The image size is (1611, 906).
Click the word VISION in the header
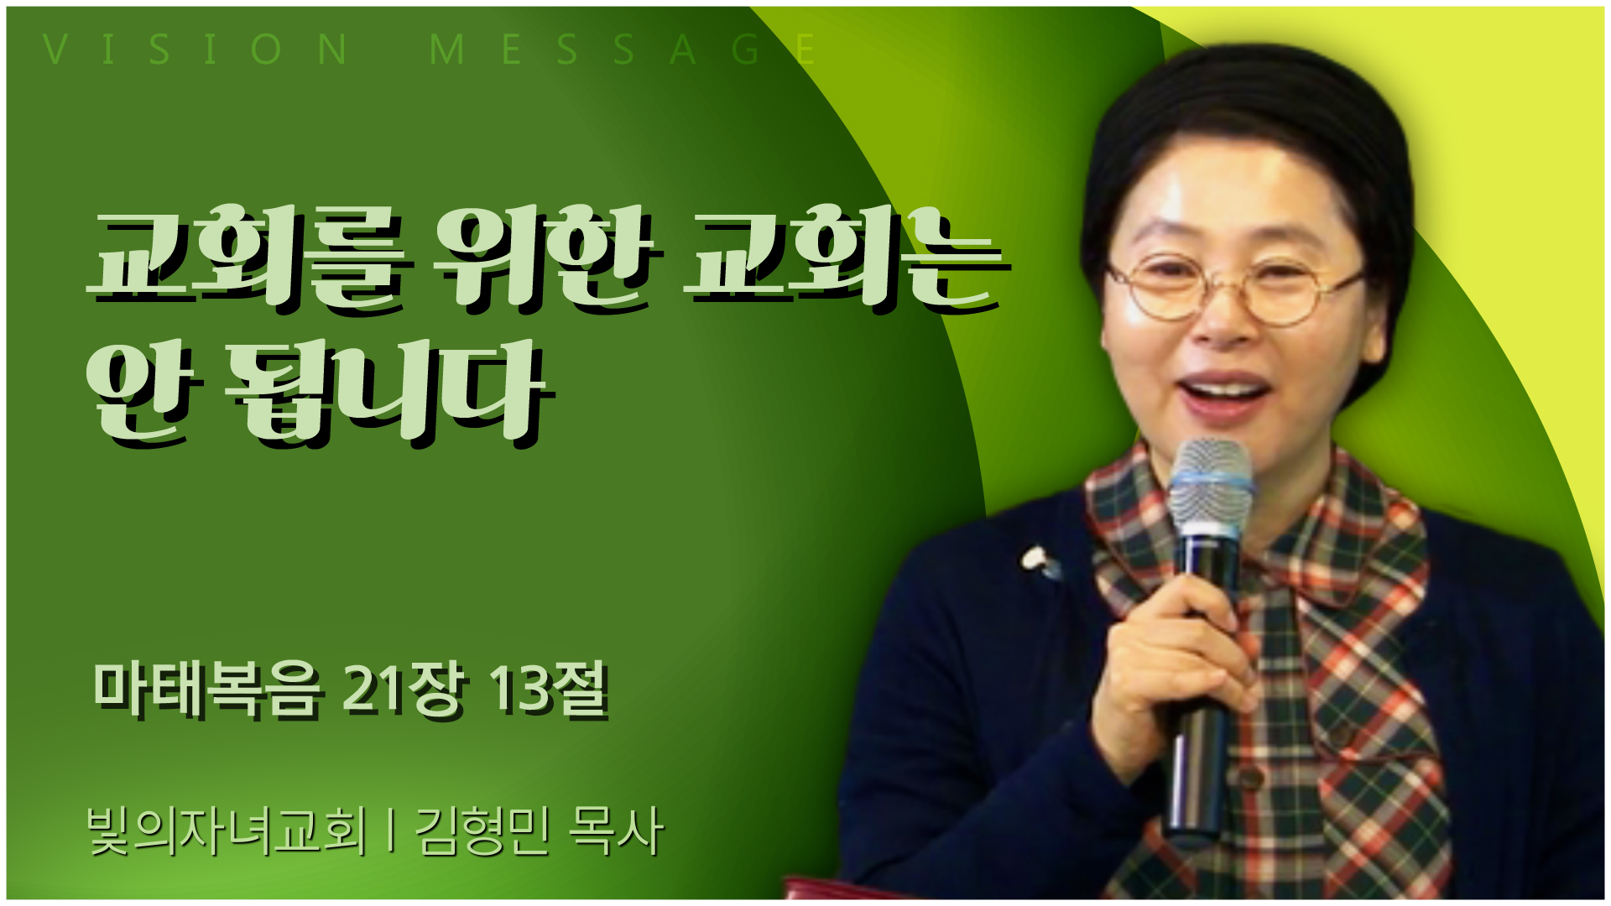click(x=196, y=49)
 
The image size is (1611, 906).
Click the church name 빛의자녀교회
click(x=227, y=830)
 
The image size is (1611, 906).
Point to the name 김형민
click(x=482, y=830)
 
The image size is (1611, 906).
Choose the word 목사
click(x=616, y=830)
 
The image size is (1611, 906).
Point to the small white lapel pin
click(x=1039, y=560)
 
